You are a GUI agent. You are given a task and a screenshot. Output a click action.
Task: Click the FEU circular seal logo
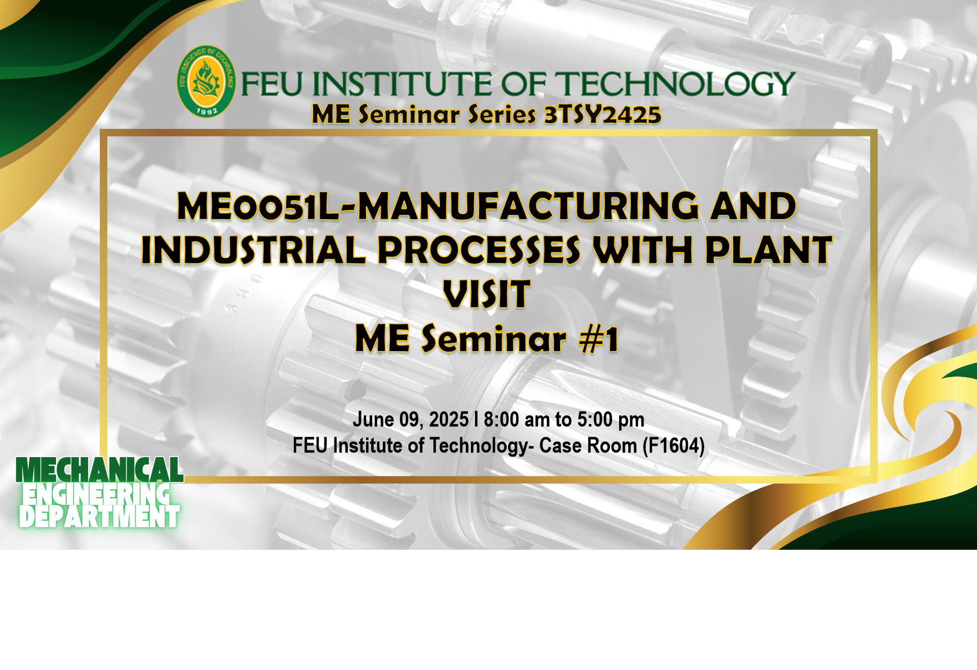click(206, 82)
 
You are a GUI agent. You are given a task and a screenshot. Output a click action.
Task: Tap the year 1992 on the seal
click(207, 110)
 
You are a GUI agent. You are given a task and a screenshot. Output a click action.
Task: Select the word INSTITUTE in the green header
click(402, 84)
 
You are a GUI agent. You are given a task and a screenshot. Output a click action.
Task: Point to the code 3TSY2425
click(603, 115)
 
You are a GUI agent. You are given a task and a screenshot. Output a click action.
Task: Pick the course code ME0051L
click(258, 206)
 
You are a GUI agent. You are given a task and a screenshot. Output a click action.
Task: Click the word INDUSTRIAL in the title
click(253, 250)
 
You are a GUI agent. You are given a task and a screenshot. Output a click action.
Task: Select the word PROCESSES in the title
click(479, 250)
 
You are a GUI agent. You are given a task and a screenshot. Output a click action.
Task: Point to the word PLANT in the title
click(769, 250)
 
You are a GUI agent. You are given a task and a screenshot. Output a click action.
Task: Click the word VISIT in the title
click(487, 294)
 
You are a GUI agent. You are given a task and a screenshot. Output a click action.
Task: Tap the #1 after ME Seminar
click(599, 339)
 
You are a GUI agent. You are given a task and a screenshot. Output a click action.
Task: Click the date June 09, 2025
click(411, 420)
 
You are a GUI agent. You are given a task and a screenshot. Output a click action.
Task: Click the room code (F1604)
click(674, 446)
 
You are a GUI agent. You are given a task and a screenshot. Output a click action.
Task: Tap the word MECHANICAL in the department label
click(100, 470)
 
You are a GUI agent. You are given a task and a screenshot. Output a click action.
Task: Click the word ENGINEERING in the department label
click(96, 494)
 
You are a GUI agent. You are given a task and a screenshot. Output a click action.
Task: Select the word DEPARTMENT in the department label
click(99, 516)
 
